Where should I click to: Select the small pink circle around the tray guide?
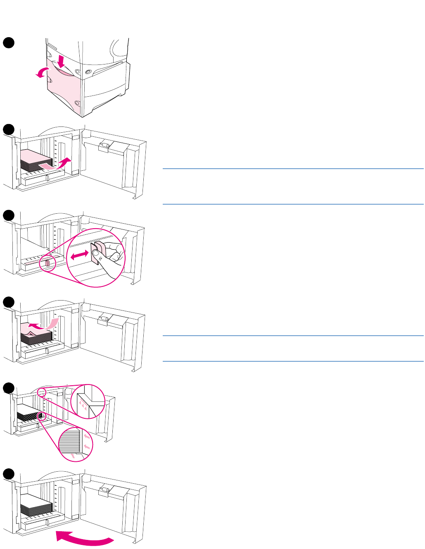47,263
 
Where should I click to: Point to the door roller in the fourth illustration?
104,320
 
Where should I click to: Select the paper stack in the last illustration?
36,505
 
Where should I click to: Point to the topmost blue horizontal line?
293,169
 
